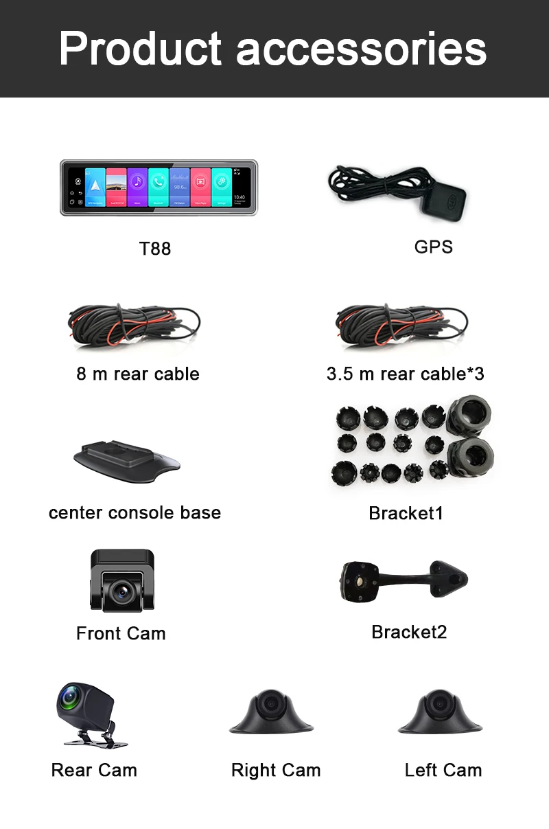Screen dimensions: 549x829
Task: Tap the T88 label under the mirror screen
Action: [155, 249]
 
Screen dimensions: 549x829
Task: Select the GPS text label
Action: [434, 247]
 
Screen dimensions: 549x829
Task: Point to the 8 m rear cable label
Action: [138, 374]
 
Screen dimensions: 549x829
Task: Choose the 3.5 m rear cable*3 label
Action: [406, 374]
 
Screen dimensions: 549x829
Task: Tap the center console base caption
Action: [135, 513]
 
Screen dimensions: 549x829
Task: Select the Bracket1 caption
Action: [406, 513]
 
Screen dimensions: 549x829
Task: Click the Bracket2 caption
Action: [409, 632]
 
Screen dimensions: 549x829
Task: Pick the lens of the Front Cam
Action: [122, 589]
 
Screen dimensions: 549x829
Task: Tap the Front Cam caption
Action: [121, 633]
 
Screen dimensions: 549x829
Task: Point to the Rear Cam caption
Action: [94, 770]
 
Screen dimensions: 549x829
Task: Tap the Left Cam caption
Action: [443, 770]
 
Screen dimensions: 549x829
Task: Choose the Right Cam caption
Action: [276, 770]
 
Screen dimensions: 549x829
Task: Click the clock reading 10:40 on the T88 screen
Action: [239, 197]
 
